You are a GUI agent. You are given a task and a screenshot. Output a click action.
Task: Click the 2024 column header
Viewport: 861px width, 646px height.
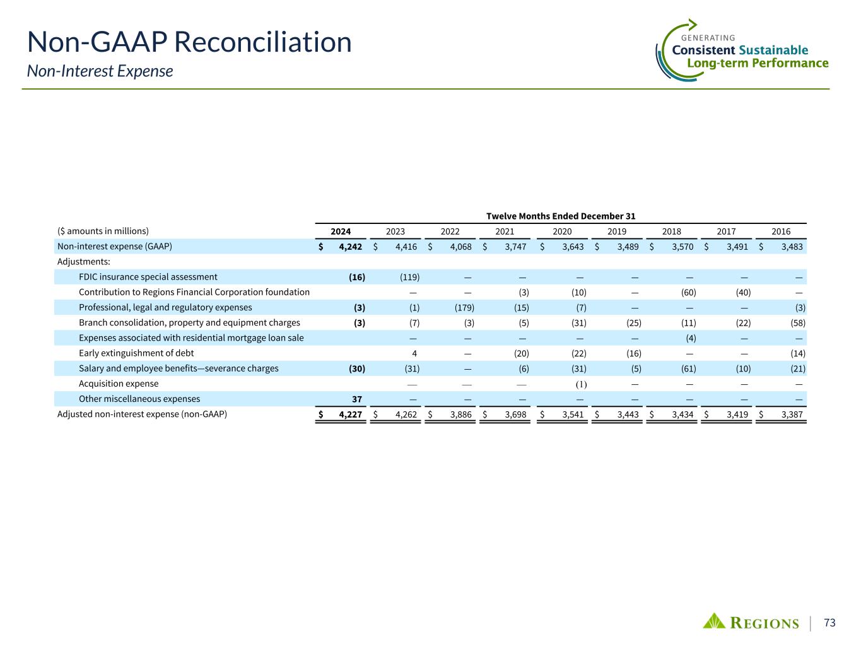point(341,232)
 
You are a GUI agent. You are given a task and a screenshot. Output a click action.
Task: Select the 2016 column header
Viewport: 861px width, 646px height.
point(781,232)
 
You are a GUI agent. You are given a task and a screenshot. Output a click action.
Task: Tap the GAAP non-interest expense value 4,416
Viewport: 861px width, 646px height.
point(406,247)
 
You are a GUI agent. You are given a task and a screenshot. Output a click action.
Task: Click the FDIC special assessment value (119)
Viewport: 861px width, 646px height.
point(410,277)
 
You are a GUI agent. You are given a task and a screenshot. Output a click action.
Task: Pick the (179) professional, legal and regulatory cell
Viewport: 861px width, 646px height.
point(464,308)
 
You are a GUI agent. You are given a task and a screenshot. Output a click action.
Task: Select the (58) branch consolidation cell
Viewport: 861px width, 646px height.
point(797,323)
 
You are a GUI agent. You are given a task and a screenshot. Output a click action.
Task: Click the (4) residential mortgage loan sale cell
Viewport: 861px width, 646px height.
point(690,338)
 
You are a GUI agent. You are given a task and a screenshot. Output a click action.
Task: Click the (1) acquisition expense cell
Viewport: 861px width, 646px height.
point(580,384)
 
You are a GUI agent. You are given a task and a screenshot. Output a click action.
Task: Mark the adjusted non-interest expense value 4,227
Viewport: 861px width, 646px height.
point(351,414)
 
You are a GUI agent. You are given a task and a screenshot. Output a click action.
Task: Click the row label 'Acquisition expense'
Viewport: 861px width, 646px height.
point(119,384)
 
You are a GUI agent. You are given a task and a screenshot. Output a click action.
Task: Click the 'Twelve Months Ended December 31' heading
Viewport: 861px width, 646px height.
point(560,216)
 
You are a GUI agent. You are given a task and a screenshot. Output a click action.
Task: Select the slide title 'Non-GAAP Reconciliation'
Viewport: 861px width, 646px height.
point(189,42)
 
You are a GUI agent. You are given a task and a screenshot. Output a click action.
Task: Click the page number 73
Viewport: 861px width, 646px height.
point(829,623)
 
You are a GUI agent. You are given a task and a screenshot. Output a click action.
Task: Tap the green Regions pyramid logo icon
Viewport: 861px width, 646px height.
point(714,621)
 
